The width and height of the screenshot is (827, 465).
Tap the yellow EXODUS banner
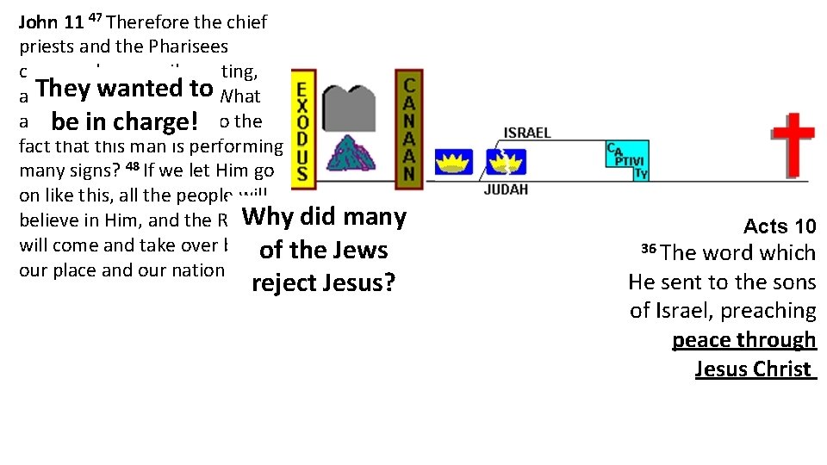[x=302, y=129]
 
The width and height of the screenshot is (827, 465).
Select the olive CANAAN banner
[x=409, y=129]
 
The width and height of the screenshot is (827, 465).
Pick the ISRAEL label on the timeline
[x=527, y=133]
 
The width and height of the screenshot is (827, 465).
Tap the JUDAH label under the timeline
[x=505, y=189]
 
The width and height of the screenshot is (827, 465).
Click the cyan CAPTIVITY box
[x=626, y=160]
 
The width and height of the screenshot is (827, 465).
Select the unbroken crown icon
[x=453, y=160]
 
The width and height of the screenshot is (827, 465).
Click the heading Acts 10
[x=780, y=226]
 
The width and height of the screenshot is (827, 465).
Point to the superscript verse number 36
[x=649, y=249]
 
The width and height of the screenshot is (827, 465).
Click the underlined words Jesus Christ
[x=754, y=369]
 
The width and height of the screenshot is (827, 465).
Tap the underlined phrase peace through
[x=743, y=339]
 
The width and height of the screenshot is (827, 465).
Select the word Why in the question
[x=269, y=216]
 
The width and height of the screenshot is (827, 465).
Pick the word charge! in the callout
[x=159, y=119]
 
